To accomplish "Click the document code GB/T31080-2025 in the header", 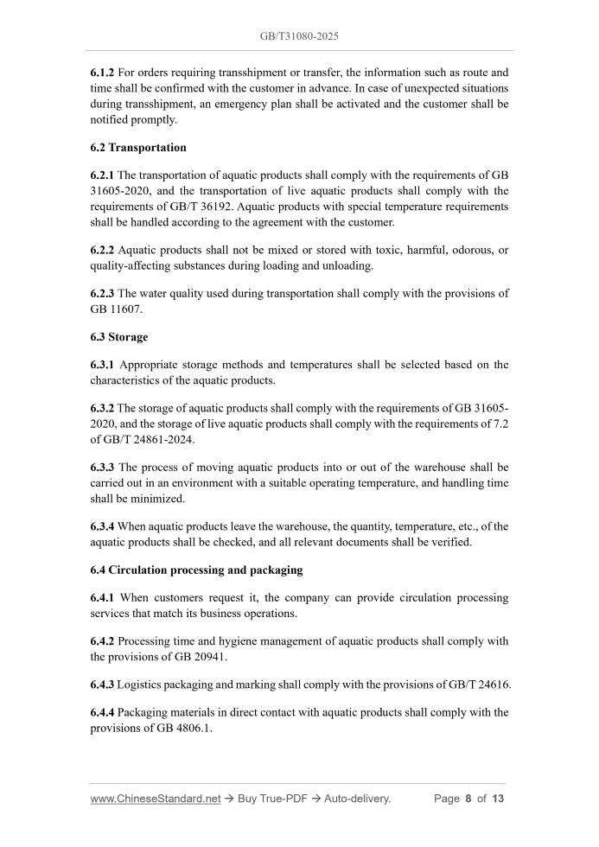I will tap(299, 37).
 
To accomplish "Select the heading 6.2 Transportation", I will tap(138, 148).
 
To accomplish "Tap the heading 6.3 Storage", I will tap(118, 337).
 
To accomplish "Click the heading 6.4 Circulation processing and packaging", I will tap(195, 570).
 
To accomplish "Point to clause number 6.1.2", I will tap(102, 73).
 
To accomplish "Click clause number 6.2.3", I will tap(102, 293).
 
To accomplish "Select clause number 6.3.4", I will tap(102, 526).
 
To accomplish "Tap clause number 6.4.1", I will tap(102, 598).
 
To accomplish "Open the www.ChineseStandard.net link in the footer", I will tap(156, 799).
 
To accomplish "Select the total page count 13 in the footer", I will tap(498, 799).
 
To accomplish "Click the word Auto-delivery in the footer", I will tap(357, 799).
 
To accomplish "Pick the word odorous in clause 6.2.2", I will tap(467, 250).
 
